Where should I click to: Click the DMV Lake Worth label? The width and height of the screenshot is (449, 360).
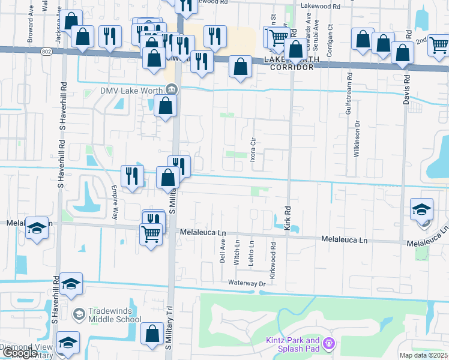pyautogui.click(x=133, y=91)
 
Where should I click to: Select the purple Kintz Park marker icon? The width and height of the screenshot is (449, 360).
pyautogui.click(x=328, y=344)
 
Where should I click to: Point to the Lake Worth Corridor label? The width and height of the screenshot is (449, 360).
pyautogui.click(x=289, y=64)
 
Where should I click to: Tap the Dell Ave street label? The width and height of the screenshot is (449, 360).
pyautogui.click(x=222, y=252)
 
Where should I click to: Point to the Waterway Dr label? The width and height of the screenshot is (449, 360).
pyautogui.click(x=246, y=283)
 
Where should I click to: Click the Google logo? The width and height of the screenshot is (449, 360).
pyautogui.click(x=20, y=353)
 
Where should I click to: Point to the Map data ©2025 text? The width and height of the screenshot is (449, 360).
pyautogui.click(x=423, y=355)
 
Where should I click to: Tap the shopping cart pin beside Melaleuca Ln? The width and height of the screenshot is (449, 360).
pyautogui.click(x=150, y=233)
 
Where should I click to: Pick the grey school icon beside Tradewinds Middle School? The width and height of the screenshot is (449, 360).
pyautogui.click(x=79, y=314)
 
